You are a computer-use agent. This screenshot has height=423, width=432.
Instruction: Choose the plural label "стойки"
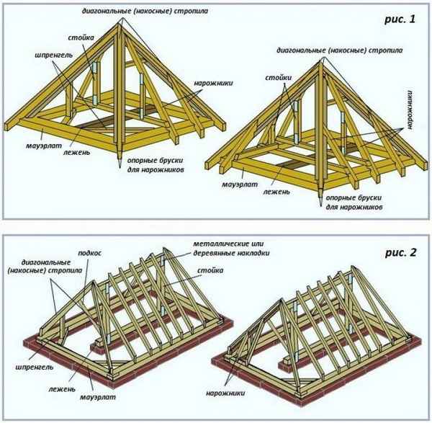[x=277, y=76]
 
